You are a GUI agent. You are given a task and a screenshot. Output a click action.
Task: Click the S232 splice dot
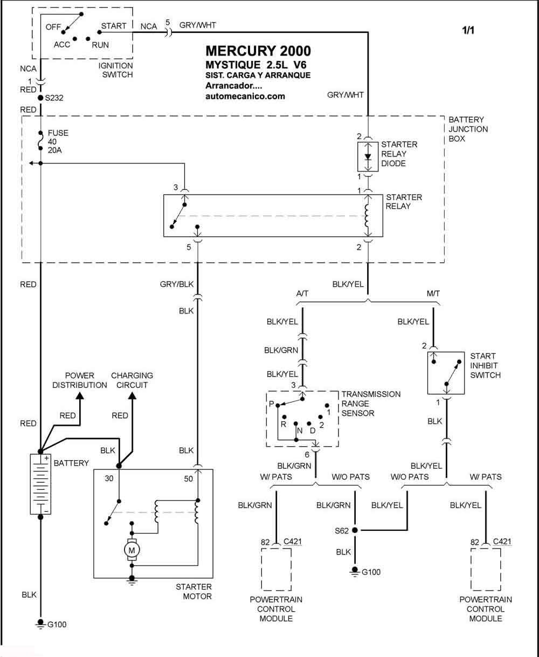pyautogui.click(x=40, y=98)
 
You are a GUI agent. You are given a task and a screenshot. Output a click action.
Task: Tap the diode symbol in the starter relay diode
pyautogui.click(x=368, y=156)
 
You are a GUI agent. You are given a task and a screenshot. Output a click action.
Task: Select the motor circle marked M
pyautogui.click(x=132, y=550)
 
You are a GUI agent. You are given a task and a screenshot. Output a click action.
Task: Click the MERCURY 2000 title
pyautogui.click(x=258, y=51)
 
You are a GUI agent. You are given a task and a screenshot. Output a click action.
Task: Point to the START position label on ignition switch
pyautogui.click(x=114, y=26)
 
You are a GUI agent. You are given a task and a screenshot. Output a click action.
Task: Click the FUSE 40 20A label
pyautogui.click(x=58, y=141)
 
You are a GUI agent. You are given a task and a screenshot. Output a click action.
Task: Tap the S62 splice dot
pyautogui.click(x=355, y=530)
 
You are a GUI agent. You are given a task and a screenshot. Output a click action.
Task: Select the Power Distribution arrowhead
pyautogui.click(x=80, y=395)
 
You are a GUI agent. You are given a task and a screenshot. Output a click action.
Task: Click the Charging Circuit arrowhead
pyautogui.click(x=133, y=395)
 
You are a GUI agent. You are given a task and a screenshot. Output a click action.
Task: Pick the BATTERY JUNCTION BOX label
pyautogui.click(x=468, y=129)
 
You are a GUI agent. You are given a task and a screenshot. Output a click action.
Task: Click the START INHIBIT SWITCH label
pyautogui.click(x=485, y=365)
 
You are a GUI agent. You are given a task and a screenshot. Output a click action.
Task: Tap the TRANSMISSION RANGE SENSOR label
pyautogui.click(x=371, y=403)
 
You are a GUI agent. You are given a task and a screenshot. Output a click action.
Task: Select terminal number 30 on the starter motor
pyautogui.click(x=109, y=478)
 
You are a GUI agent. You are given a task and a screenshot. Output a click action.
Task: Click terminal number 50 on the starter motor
pyautogui.click(x=189, y=479)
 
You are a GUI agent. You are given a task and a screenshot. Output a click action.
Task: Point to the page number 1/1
pyautogui.click(x=468, y=30)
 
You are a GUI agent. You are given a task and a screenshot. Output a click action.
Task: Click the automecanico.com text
pyautogui.click(x=245, y=96)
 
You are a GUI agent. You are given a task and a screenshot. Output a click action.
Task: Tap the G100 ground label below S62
pyautogui.click(x=371, y=572)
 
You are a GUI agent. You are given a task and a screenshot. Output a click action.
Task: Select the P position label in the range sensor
pyautogui.click(x=271, y=404)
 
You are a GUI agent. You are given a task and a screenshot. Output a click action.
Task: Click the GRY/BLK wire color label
pyautogui.click(x=177, y=284)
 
